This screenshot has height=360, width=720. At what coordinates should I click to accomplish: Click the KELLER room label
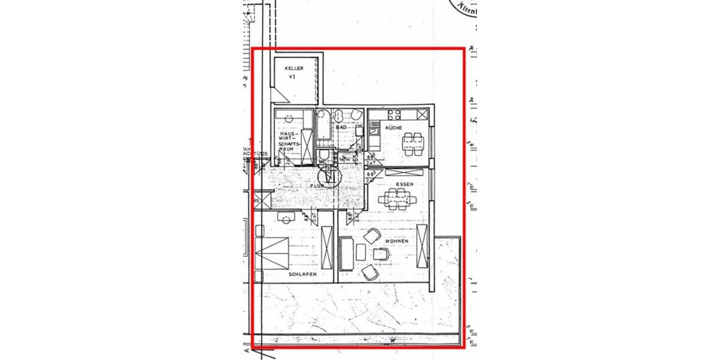tap(294, 68)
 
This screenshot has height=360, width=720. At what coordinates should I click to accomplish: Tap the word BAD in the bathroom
tap(341, 128)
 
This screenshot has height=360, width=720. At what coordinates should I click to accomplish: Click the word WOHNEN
tap(397, 241)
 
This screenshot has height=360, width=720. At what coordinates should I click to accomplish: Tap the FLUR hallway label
tap(316, 187)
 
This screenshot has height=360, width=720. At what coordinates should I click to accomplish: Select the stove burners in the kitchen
tap(395, 114)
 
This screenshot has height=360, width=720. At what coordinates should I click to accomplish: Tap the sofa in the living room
tap(346, 254)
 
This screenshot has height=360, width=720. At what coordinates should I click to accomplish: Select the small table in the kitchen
tap(412, 142)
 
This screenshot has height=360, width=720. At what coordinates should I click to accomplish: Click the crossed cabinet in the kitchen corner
tap(423, 113)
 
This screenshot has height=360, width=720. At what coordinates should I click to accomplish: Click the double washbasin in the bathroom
tap(339, 114)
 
